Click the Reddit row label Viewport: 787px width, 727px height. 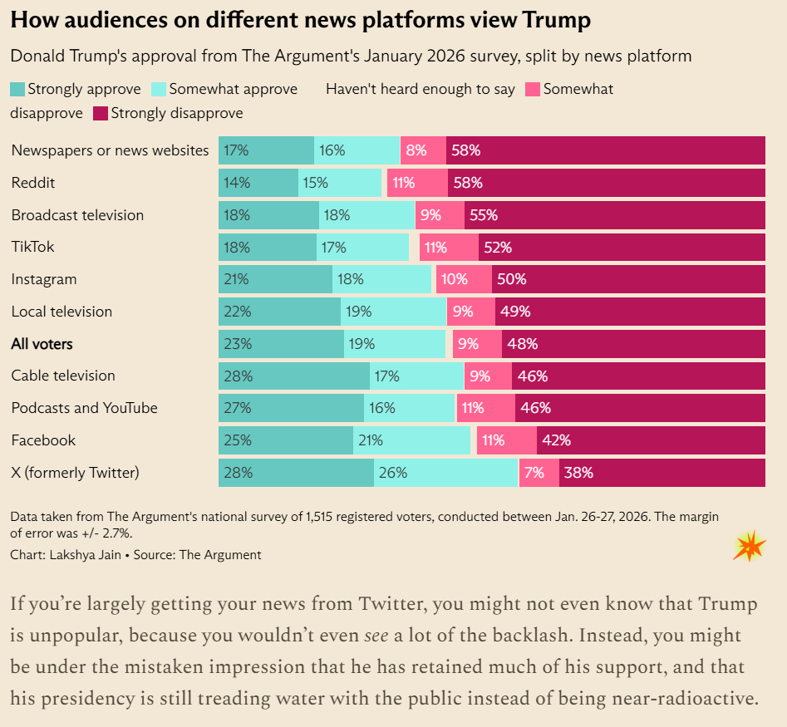click(33, 183)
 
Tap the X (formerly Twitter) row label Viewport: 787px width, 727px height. click(75, 473)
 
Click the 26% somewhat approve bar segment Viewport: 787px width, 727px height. click(445, 473)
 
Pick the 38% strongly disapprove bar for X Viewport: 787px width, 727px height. click(662, 473)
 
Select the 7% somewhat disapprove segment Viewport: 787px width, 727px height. click(539, 473)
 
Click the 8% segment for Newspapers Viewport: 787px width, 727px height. click(423, 150)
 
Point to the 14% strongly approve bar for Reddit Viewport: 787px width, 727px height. click(258, 183)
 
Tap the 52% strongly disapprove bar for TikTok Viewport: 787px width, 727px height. click(622, 247)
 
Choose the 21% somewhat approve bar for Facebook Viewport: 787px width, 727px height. click(411, 440)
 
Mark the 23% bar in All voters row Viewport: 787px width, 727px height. click(281, 343)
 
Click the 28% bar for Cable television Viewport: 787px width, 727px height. click(293, 376)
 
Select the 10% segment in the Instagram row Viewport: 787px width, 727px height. click(462, 279)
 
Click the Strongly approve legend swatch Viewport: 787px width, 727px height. click(17, 89)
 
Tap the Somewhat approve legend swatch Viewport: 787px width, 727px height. click(159, 89)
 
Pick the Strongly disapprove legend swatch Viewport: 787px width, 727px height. click(101, 113)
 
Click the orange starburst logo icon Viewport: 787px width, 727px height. click(750, 545)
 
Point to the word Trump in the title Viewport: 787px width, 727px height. click(557, 21)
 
